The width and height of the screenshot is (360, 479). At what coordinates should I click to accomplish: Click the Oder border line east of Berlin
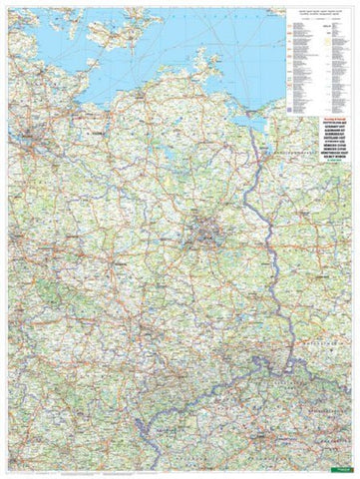(261, 239)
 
